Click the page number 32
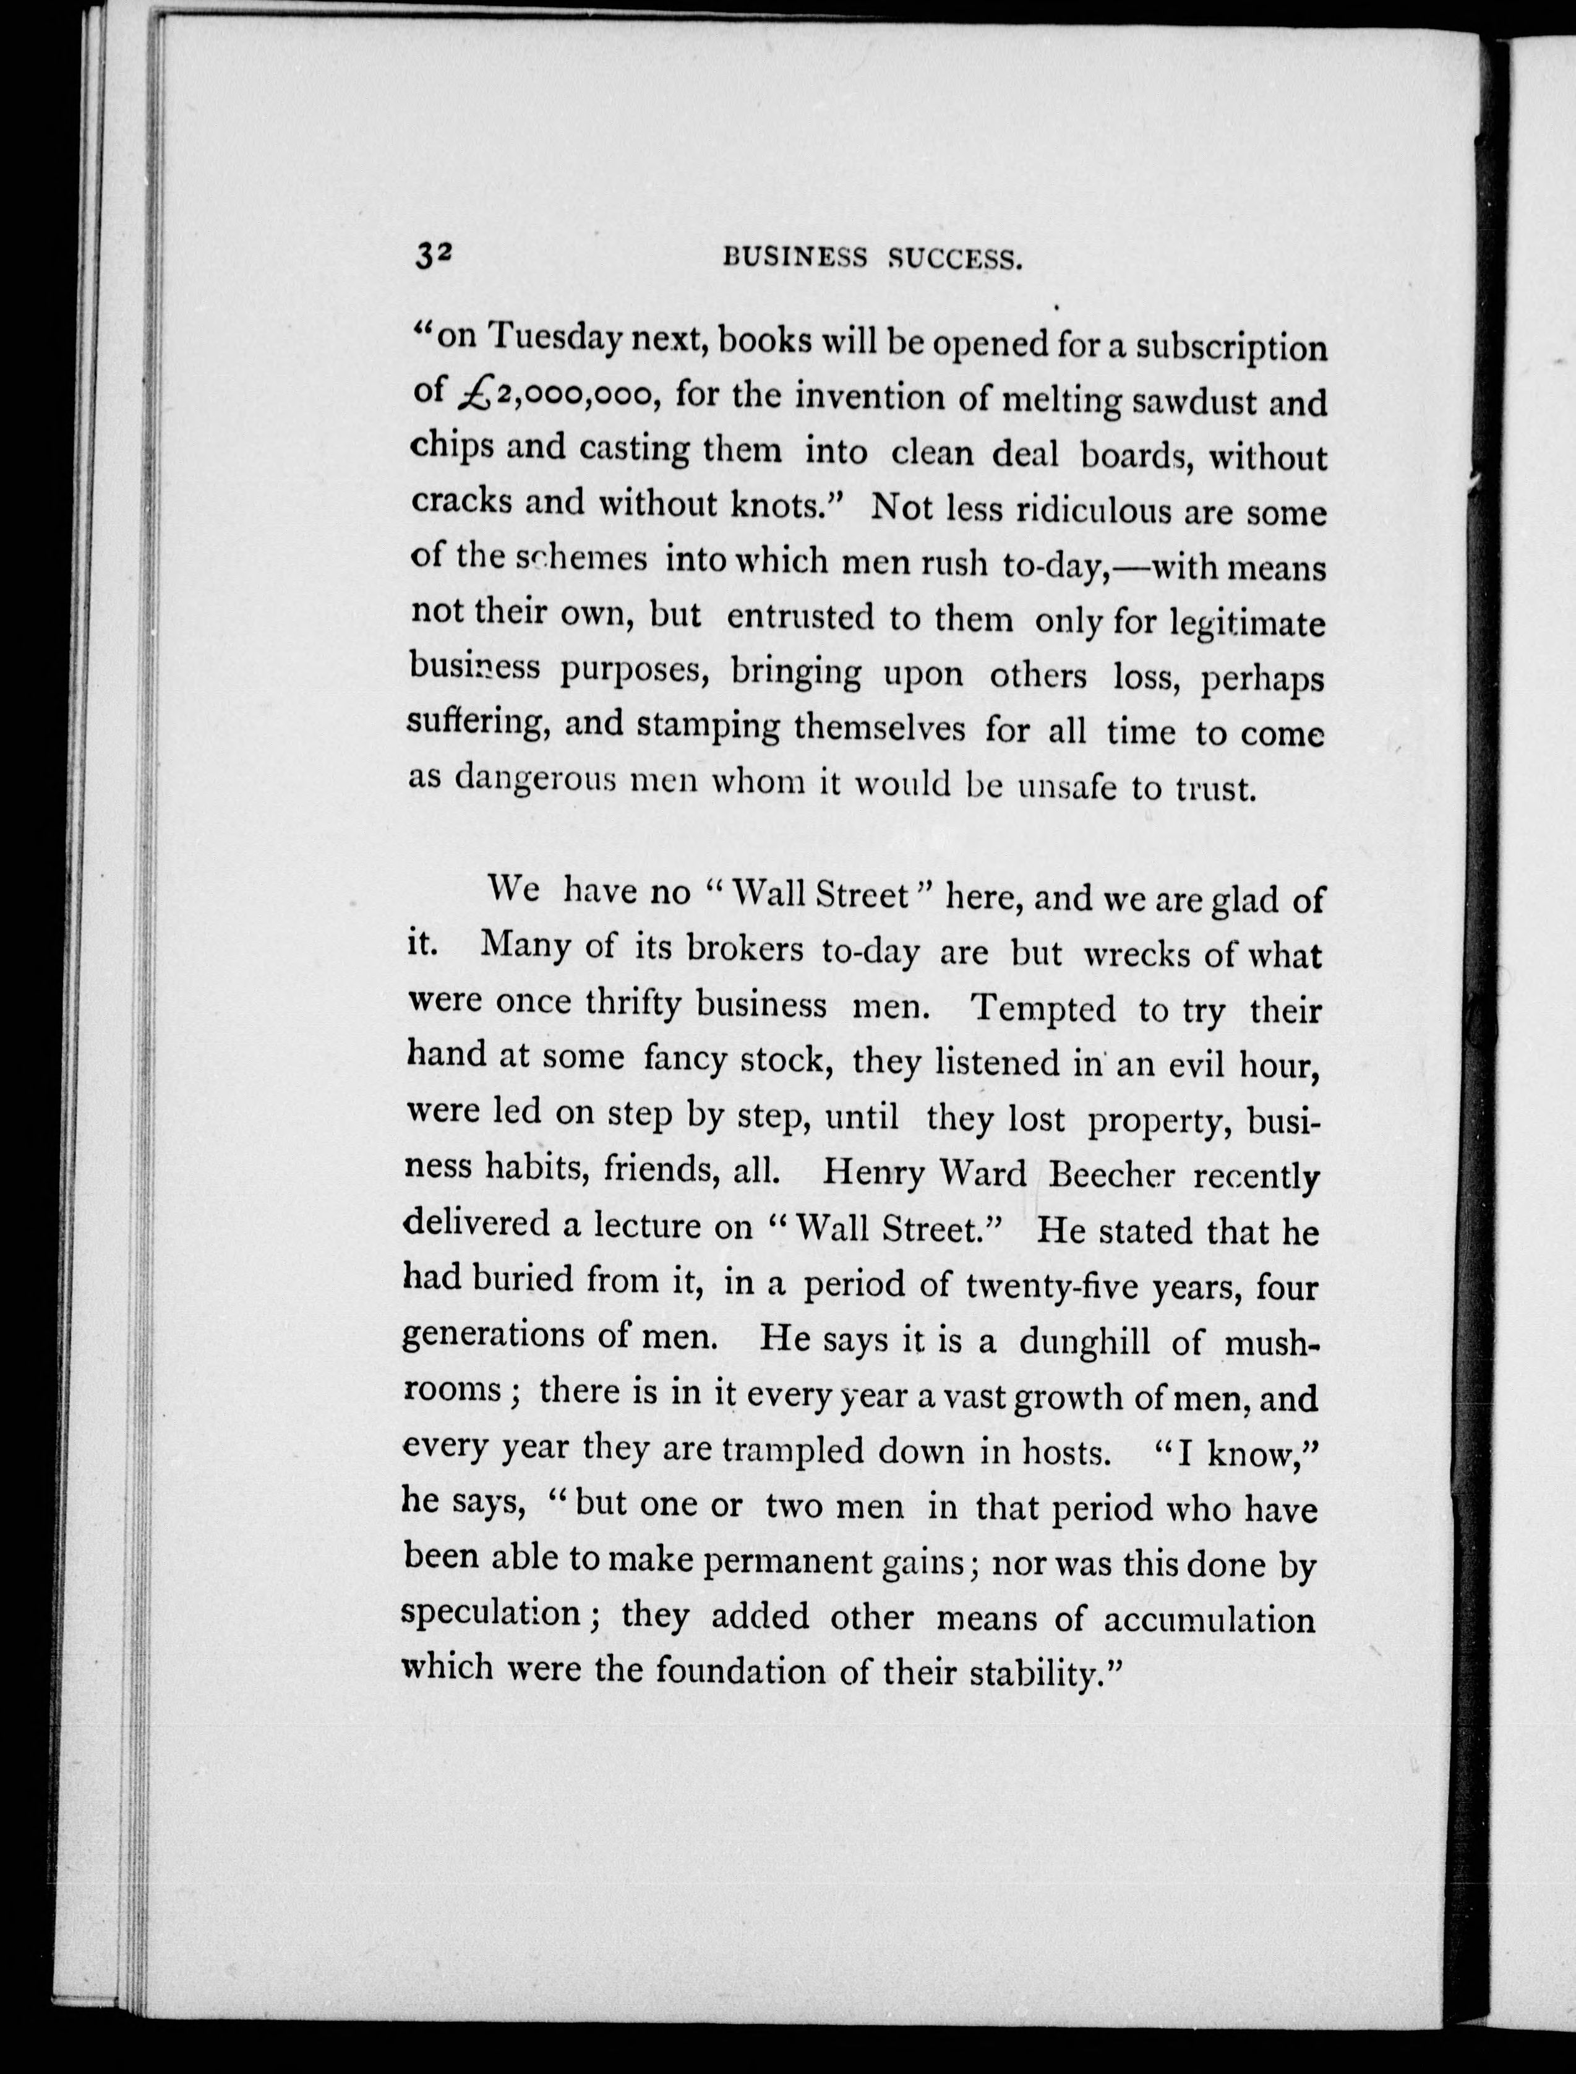click(434, 256)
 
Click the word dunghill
click(1084, 1342)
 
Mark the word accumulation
click(1209, 1620)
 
